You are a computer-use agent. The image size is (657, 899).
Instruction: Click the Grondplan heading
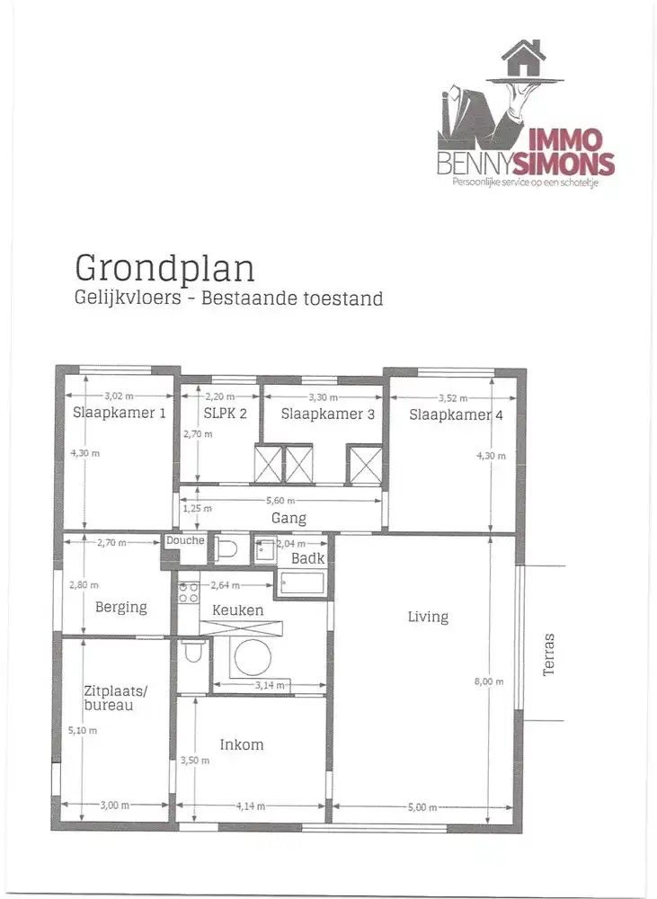coord(164,268)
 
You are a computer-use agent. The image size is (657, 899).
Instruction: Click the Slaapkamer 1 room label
coord(119,414)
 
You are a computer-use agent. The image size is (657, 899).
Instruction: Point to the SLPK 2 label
coord(219,414)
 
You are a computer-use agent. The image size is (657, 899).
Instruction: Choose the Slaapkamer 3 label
coord(327,414)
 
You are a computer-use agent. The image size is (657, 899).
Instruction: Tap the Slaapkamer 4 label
coord(456,414)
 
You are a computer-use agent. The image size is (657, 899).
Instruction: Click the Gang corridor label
coord(289,519)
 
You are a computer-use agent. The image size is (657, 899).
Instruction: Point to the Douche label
coord(185,541)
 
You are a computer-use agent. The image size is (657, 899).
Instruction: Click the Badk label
coord(306,558)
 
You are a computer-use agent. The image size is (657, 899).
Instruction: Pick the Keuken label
coord(238,610)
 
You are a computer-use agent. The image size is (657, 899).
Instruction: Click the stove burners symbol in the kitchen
coord(189,592)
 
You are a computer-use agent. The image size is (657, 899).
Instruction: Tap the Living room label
coord(428,617)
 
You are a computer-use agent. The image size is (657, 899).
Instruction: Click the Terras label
coord(549,654)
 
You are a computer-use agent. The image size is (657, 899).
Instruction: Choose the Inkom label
coord(242,744)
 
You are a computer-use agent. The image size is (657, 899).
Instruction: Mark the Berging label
coord(121,607)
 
